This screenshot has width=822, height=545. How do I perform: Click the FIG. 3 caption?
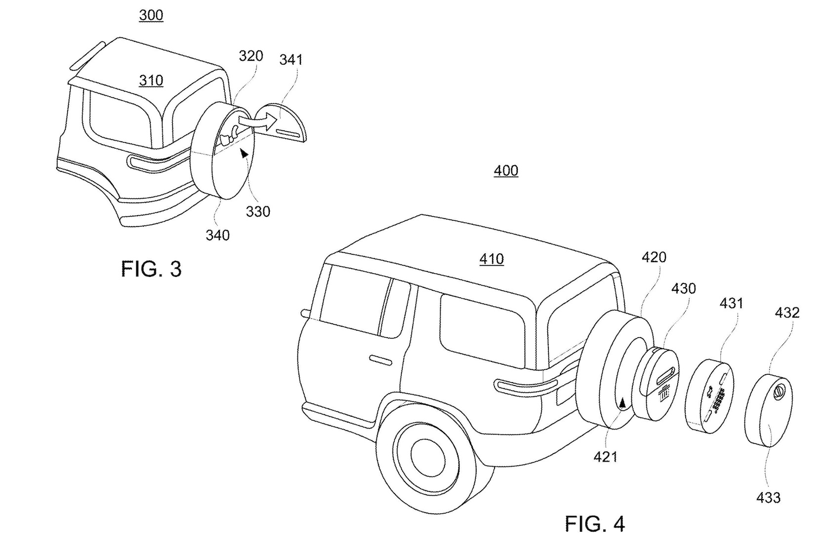pyautogui.click(x=151, y=270)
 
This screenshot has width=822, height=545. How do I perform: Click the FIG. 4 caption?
pyautogui.click(x=594, y=524)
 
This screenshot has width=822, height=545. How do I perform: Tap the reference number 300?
pyautogui.click(x=151, y=15)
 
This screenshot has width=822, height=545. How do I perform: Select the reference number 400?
pyautogui.click(x=506, y=171)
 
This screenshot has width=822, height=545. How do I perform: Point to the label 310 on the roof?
pyautogui.click(x=151, y=80)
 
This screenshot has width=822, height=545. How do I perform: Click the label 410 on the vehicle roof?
pyautogui.click(x=492, y=259)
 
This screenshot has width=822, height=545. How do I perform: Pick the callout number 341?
pyautogui.click(x=290, y=60)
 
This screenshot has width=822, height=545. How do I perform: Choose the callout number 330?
pyautogui.click(x=258, y=211)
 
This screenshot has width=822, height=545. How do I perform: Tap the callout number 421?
pyautogui.click(x=605, y=457)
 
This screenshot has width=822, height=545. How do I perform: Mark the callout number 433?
pyautogui.click(x=768, y=497)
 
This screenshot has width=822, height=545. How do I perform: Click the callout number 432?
pyautogui.click(x=787, y=312)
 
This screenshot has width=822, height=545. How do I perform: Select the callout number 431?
pyautogui.click(x=731, y=303)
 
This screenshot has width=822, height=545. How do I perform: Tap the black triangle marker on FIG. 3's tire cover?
pyautogui.click(x=243, y=154)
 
